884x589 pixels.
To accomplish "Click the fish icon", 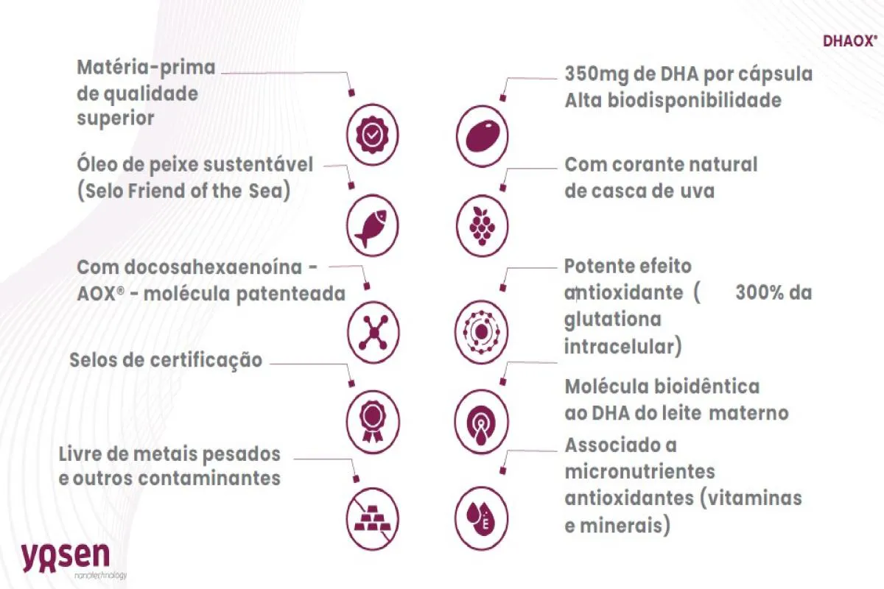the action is (373, 225).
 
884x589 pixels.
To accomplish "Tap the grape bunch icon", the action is (482, 225).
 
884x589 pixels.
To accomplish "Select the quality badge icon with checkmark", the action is (373, 135).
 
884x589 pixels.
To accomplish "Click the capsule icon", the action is (482, 135).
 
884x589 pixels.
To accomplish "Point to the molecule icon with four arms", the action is (373, 333).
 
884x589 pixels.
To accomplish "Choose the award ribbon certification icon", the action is (373, 421).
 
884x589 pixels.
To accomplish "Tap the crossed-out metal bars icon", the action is (373, 518).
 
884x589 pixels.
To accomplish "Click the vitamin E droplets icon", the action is (482, 518).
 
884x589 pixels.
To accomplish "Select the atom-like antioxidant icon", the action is (482, 332).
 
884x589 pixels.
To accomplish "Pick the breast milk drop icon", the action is (481, 421).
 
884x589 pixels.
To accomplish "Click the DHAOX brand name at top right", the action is (850, 41).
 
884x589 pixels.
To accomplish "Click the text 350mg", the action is (596, 74).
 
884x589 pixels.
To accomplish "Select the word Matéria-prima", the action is (146, 68).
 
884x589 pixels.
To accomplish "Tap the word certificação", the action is (206, 361).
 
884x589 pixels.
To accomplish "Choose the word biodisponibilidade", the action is (695, 101).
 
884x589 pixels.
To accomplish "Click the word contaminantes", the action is (209, 479).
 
